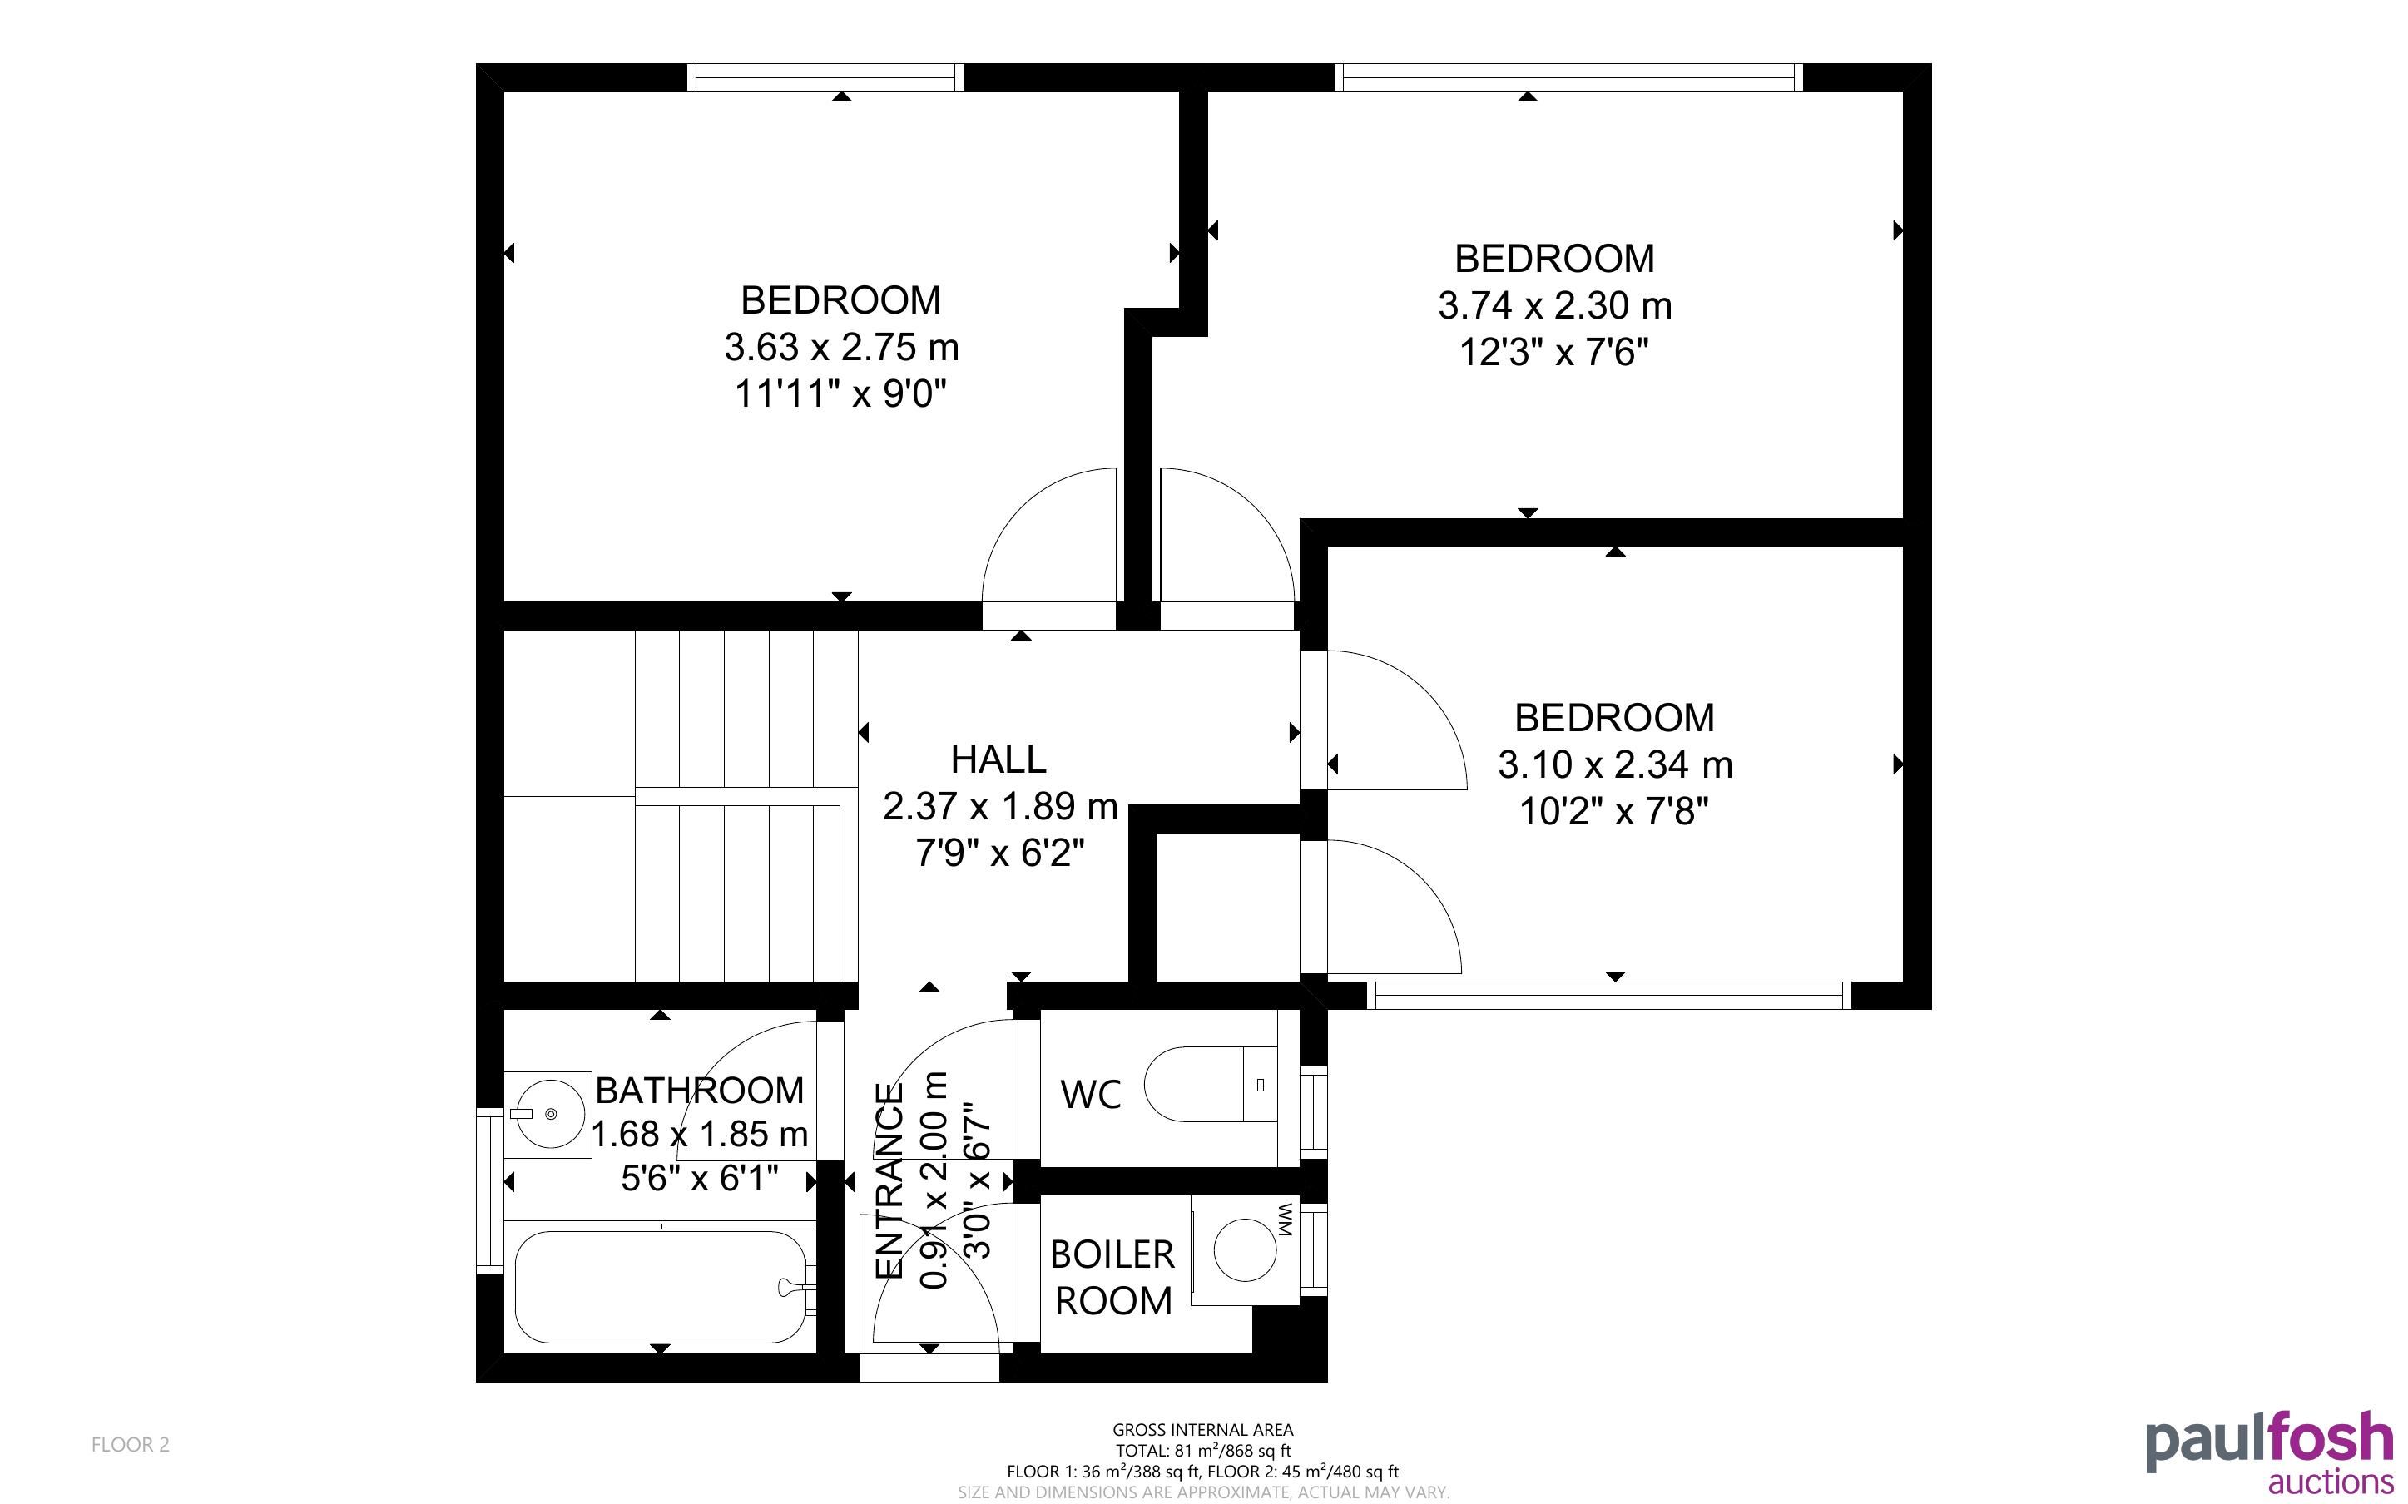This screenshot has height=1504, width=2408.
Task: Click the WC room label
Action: [x=1091, y=1094]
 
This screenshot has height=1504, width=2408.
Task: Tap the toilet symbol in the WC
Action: [x=1211, y=1083]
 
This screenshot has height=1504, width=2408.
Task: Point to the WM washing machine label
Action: [x=1284, y=1220]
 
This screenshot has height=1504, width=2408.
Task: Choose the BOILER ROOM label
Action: [x=1113, y=1277]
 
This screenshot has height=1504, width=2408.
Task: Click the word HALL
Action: [x=998, y=759]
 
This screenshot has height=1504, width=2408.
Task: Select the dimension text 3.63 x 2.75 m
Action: [x=841, y=347]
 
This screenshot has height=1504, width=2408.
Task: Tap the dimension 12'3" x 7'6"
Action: [x=1554, y=352]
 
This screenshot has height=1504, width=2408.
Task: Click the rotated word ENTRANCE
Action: [x=889, y=1180]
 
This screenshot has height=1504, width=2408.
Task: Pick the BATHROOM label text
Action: [x=699, y=1091]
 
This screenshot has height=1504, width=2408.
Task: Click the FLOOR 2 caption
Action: [x=131, y=1444]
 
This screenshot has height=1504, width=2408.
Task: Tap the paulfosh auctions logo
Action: [x=2270, y=1452]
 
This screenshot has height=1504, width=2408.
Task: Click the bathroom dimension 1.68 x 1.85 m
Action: [x=699, y=1134]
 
